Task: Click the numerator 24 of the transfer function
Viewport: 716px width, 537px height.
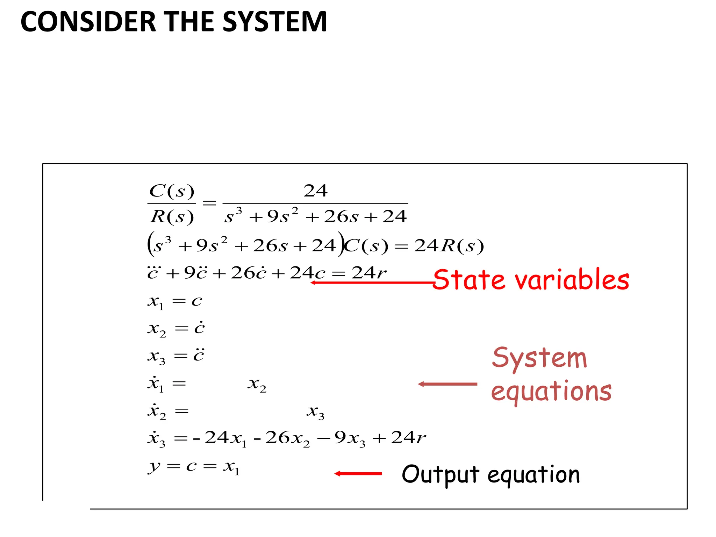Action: click(315, 191)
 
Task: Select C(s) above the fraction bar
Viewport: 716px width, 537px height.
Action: click(171, 191)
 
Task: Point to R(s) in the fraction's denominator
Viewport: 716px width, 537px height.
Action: click(172, 217)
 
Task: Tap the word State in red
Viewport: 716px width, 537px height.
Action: click(469, 280)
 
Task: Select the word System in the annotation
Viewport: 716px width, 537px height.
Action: click(539, 358)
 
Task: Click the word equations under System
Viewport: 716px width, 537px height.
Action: click(551, 392)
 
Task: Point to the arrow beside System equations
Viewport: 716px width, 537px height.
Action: click(447, 384)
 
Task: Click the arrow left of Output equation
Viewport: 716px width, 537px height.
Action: click(358, 474)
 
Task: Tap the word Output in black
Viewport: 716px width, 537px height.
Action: click(440, 475)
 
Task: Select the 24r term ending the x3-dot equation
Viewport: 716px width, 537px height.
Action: click(408, 437)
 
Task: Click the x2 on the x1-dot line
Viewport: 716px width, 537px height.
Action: click(257, 385)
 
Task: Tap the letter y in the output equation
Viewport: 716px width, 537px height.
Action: click(154, 467)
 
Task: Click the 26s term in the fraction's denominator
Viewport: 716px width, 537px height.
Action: click(341, 217)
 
